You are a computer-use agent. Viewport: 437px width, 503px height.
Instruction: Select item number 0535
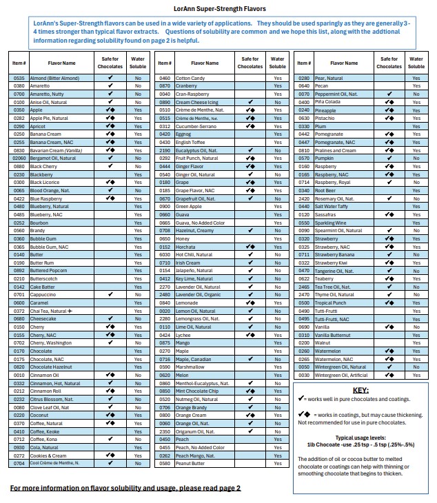pyautogui.click(x=19, y=79)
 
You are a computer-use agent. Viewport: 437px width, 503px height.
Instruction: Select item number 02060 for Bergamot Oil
pyautogui.click(x=19, y=158)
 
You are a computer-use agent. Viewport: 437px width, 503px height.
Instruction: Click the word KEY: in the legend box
pyautogui.click(x=360, y=389)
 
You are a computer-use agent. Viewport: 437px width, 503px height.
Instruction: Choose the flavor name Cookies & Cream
pyautogui.click(x=49, y=455)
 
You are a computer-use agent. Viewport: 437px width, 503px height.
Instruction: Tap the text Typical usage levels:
pyautogui.click(x=360, y=438)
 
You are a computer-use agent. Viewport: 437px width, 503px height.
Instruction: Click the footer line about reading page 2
pyautogui.click(x=125, y=488)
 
